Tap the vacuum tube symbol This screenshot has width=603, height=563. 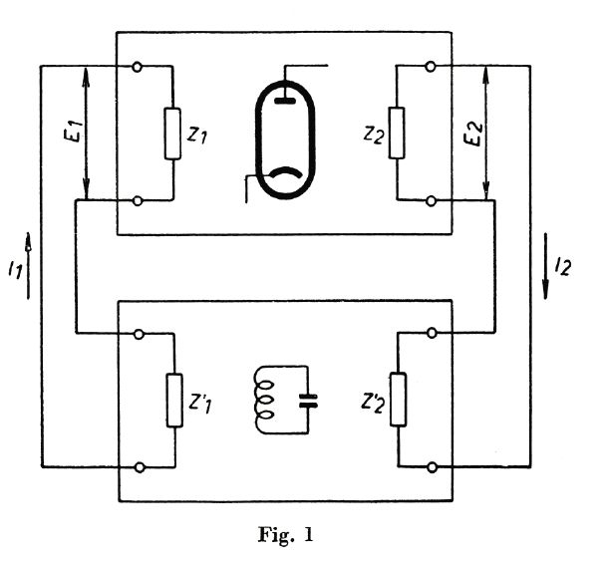(x=286, y=135)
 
